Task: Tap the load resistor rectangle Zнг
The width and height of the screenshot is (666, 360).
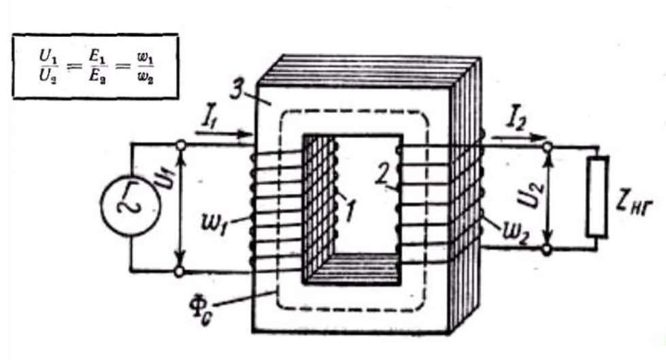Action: click(x=599, y=197)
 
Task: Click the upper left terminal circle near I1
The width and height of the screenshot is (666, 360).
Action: click(x=180, y=144)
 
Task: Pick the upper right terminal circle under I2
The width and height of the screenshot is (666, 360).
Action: click(x=546, y=144)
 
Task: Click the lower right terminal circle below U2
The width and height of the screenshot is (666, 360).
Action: click(x=546, y=250)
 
